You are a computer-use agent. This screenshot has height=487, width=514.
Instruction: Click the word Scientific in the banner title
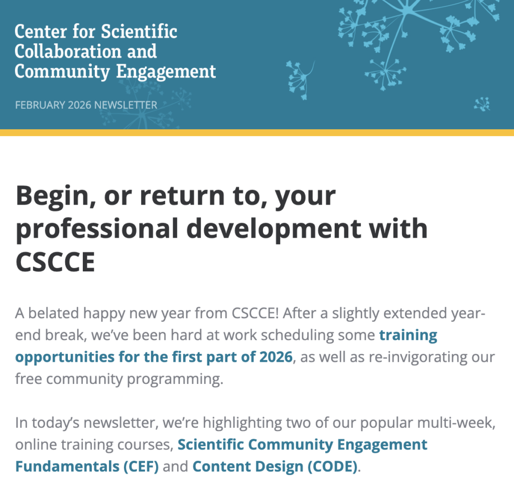(139, 32)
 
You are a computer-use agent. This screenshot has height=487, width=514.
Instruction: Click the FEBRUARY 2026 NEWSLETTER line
(86, 105)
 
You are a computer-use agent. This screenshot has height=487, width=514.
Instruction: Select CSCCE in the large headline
(55, 262)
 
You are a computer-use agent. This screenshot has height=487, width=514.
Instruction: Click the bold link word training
(408, 336)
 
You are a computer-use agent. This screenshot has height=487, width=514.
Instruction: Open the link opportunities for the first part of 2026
(154, 357)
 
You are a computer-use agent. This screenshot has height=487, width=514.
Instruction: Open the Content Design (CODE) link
(275, 467)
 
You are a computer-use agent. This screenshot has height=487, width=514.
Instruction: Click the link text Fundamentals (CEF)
(87, 467)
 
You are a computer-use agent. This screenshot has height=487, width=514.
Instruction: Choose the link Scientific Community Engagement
(302, 445)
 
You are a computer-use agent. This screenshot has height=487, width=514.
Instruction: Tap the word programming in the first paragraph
(175, 379)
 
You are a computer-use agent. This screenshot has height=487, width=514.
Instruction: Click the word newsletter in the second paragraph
(121, 423)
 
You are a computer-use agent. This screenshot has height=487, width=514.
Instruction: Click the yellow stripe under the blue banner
(257, 133)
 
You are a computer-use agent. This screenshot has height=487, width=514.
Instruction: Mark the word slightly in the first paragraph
(355, 314)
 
